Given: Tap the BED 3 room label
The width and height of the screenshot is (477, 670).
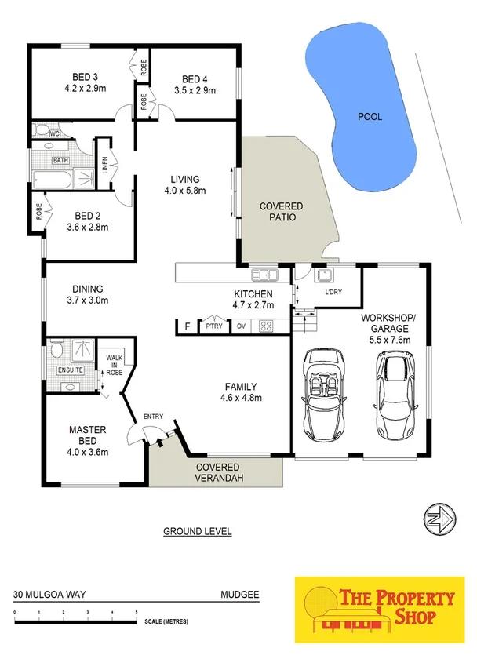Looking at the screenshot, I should (85, 76).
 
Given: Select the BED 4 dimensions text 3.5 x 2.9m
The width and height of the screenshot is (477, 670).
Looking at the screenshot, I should (194, 91).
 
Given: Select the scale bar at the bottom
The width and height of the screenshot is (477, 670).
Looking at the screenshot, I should (76, 622).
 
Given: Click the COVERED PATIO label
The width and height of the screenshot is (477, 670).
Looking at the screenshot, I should (281, 212).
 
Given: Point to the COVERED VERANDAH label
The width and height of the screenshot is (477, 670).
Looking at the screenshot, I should (217, 472).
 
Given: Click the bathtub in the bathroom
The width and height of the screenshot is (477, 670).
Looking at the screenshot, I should (53, 180).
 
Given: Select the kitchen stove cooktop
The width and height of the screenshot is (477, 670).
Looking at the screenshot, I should (265, 326).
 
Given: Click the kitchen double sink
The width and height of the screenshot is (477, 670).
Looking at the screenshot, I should (261, 275).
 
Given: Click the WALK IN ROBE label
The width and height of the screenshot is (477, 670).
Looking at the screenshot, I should (115, 363).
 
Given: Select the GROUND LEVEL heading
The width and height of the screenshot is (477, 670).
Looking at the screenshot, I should (197, 531).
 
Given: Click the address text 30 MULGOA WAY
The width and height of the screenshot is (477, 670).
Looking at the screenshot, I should (48, 595).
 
